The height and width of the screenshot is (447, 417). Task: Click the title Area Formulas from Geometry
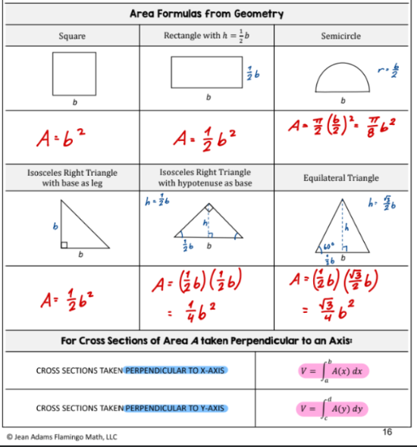coord(206,14)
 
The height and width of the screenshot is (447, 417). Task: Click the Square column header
coord(72,36)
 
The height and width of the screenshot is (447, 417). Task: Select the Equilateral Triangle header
coord(341,178)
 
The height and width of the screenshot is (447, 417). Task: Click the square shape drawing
coord(74,73)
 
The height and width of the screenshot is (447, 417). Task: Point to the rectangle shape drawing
coord(206,73)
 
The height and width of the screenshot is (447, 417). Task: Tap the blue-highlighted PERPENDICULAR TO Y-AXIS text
coord(175,408)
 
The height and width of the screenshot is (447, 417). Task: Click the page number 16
coord(387,432)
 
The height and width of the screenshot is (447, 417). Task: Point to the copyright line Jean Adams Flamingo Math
coord(62,436)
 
